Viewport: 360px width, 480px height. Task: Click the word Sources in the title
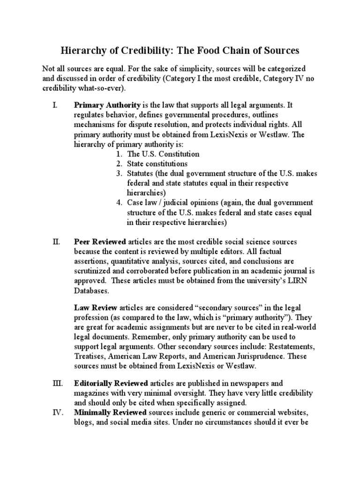tap(278, 50)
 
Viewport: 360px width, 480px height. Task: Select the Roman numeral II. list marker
tap(55, 242)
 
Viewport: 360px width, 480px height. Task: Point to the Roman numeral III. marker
tap(56, 383)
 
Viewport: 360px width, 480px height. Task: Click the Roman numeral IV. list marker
tap(56, 412)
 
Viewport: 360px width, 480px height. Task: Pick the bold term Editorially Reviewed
tap(111, 383)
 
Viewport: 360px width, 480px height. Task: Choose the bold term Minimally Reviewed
tap(110, 412)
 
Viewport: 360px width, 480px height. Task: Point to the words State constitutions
tap(157, 164)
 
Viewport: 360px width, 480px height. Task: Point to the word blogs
tap(83, 422)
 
